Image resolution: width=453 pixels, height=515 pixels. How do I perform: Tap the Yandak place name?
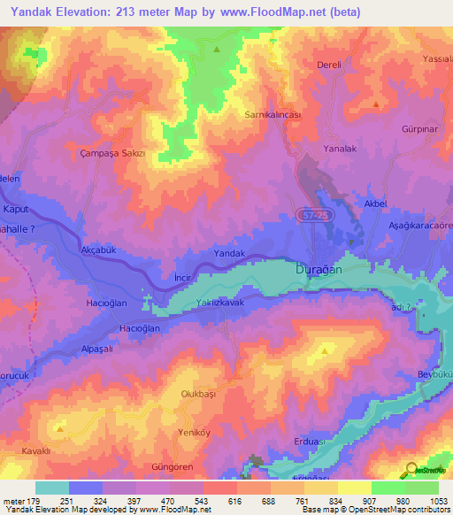pyautogui.click(x=229, y=253)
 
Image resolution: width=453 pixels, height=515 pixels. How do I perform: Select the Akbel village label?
pyautogui.click(x=376, y=204)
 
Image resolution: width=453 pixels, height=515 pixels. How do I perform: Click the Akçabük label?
pyautogui.click(x=98, y=250)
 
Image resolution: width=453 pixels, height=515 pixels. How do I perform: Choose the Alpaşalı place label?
pyautogui.click(x=93, y=350)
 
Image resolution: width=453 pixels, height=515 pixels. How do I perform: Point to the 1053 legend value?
pyautogui.click(x=439, y=501)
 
